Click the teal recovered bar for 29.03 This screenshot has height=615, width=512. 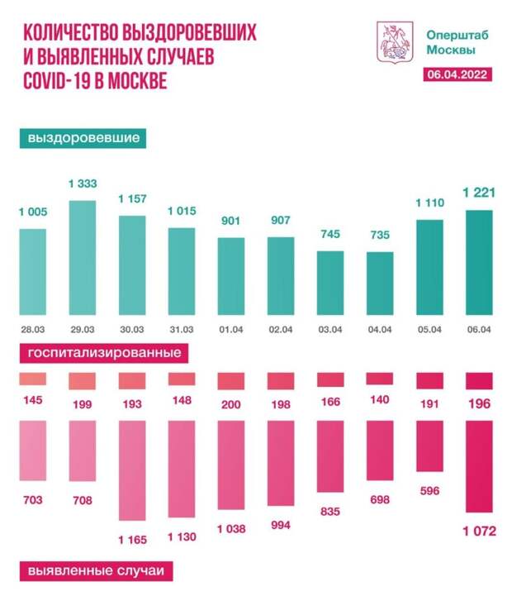click(82, 258)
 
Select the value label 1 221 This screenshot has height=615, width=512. click(479, 193)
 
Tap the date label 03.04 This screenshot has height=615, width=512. click(329, 329)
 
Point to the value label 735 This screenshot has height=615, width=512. click(380, 236)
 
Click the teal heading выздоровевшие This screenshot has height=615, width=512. click(83, 137)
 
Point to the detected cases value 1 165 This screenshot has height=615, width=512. click(132, 538)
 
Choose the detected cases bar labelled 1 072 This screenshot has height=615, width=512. click(479, 466)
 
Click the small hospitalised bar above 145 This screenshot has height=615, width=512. click(33, 379)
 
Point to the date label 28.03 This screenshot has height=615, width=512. click(32, 329)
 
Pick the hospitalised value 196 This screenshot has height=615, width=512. click(479, 403)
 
